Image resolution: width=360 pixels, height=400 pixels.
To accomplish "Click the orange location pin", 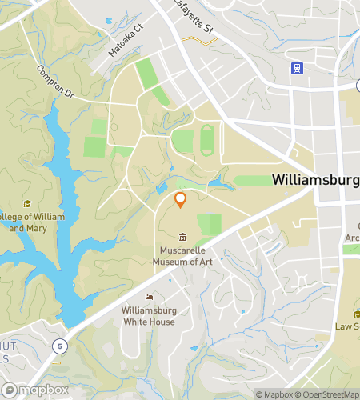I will [x=181, y=199].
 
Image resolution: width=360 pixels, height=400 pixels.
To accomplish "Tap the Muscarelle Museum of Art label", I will [x=182, y=255].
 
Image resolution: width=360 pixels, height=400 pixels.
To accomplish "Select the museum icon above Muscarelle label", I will [x=182, y=237].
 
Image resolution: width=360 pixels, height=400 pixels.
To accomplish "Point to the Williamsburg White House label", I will [x=149, y=315].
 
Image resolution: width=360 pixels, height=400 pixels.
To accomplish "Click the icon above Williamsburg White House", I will [x=149, y=298].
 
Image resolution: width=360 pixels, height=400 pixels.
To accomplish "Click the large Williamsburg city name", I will [x=315, y=180].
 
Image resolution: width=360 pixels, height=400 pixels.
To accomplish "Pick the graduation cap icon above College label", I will [x=27, y=204].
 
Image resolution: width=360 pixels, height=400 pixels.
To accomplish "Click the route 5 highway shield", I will [x=59, y=346].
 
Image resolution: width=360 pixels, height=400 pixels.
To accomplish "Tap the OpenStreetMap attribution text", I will [x=330, y=394].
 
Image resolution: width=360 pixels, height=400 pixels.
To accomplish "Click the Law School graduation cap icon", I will [x=358, y=313].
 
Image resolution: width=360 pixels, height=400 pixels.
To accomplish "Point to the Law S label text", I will [x=347, y=326].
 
